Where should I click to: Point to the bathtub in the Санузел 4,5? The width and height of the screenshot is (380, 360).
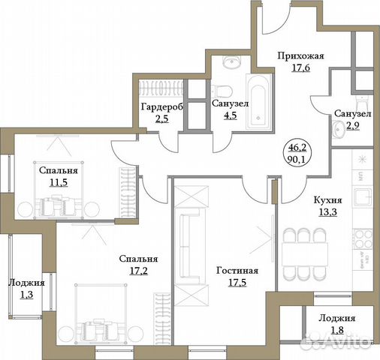[x=257, y=103]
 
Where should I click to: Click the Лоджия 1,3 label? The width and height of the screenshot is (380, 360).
[x=26, y=283]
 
